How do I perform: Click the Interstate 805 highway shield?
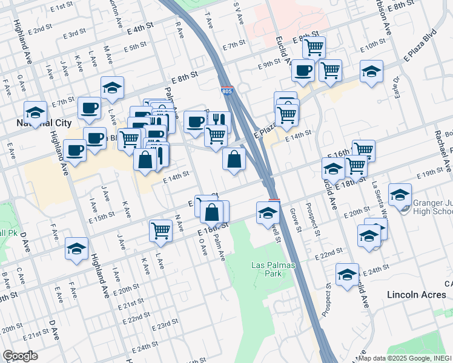(226, 92)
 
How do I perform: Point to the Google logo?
(20, 356)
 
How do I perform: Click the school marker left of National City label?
(36, 113)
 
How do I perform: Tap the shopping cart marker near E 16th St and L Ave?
(160, 230)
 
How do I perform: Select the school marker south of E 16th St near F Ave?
(76, 249)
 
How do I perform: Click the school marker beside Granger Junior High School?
(400, 194)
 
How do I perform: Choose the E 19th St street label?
(431, 174)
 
